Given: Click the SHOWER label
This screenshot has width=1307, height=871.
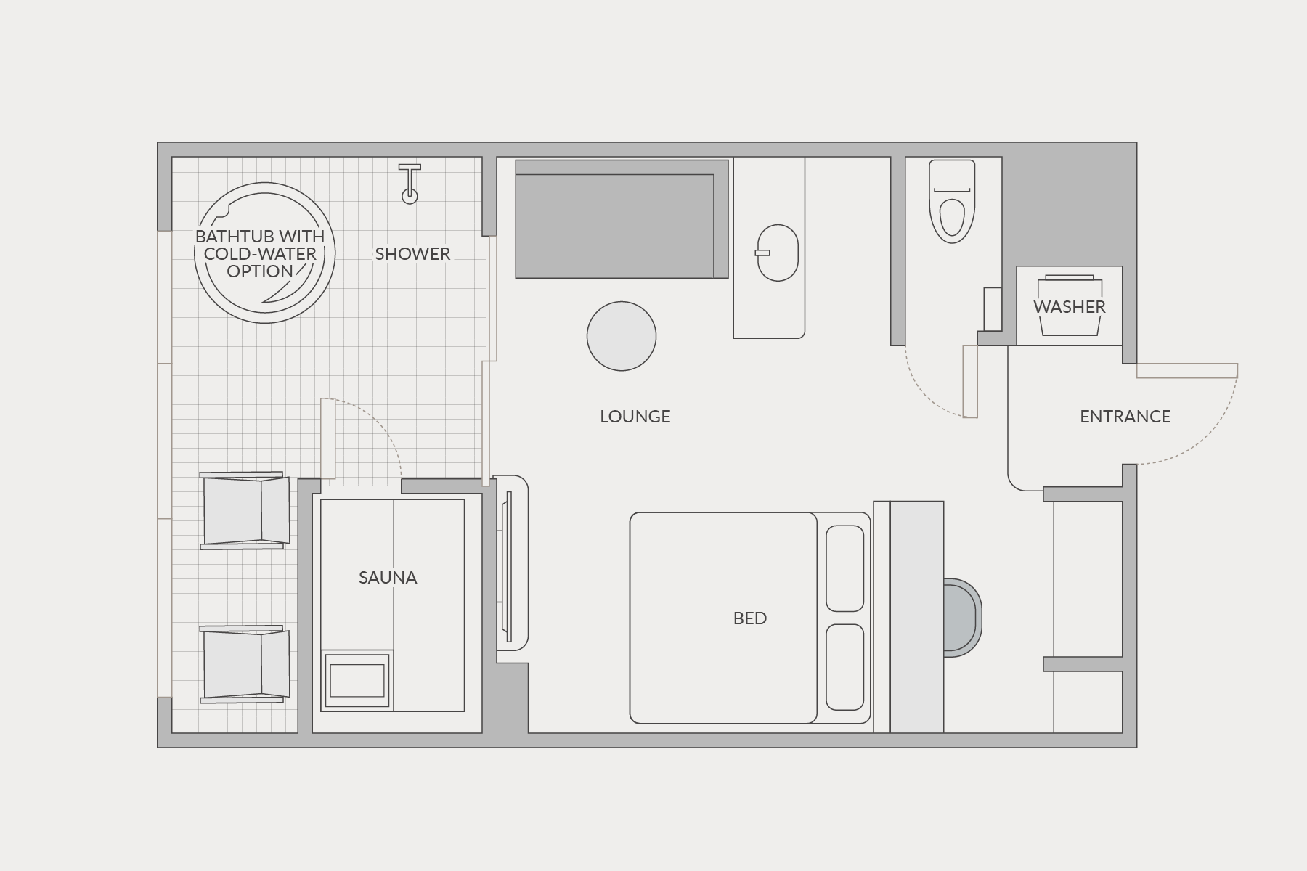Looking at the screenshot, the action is (412, 254).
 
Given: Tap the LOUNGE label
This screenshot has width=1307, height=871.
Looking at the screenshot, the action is (635, 417).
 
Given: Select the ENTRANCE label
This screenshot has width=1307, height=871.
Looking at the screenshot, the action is (1125, 417).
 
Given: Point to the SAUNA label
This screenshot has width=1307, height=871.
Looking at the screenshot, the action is (388, 578).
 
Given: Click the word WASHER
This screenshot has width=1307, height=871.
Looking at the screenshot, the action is (1070, 307).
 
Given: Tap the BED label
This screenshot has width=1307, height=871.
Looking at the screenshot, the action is (750, 618).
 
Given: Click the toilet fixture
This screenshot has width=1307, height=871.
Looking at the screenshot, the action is (952, 201).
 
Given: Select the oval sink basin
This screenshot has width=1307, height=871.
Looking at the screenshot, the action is (778, 253).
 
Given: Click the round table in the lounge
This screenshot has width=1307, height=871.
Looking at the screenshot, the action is (622, 336).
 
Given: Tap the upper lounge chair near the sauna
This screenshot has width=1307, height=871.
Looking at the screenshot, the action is (245, 510).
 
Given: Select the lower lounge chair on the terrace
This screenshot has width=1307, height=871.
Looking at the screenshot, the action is (245, 664).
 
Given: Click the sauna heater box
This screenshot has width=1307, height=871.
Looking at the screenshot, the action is (357, 680).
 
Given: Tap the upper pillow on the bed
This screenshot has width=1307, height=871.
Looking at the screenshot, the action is (845, 568).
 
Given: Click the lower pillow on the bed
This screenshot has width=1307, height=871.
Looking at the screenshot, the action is (845, 667).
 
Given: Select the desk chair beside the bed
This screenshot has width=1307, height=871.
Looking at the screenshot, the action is (963, 618).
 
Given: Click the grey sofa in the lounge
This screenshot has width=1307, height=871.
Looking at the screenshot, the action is (622, 219).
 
